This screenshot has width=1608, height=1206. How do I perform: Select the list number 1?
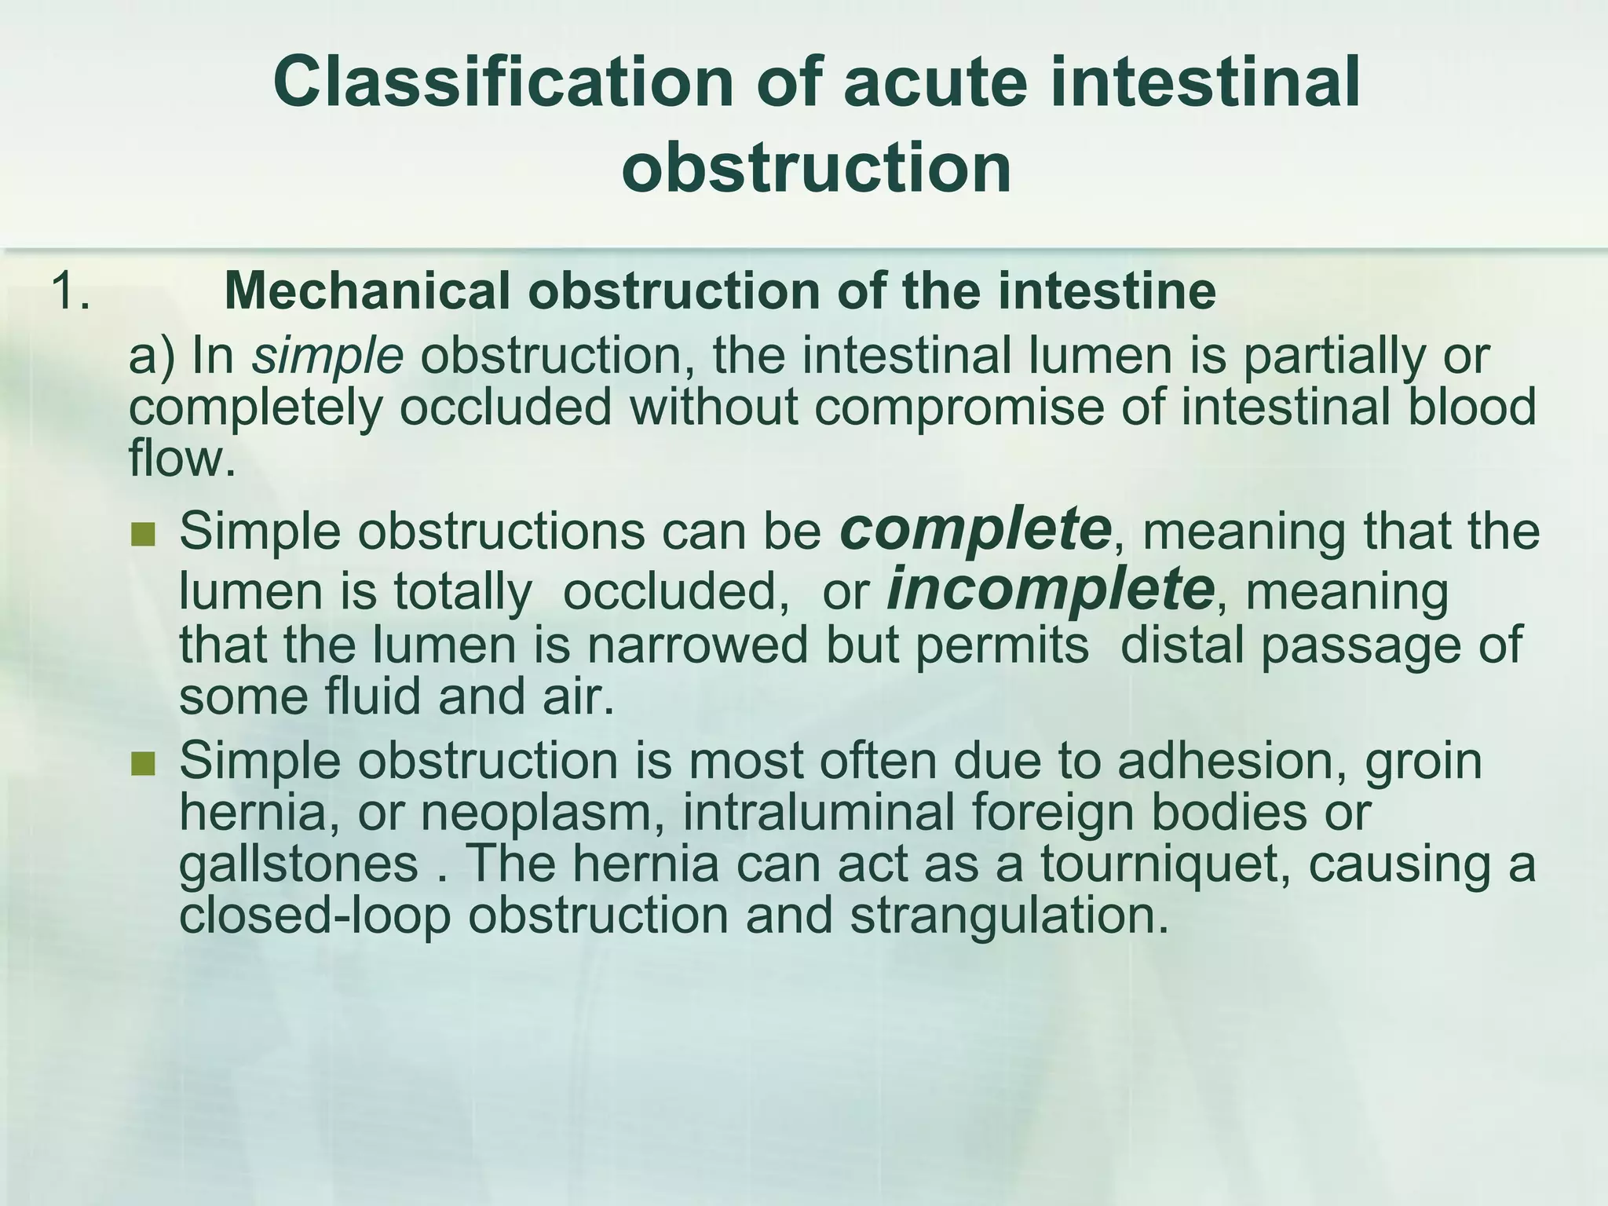pos(70,291)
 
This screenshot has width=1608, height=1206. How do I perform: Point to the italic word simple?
pos(327,357)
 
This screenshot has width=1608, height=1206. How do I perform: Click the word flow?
pos(181,458)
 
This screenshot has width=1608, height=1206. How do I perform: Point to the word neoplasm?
pos(541,813)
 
